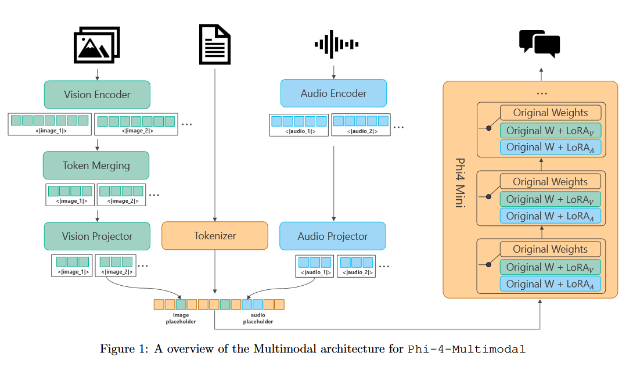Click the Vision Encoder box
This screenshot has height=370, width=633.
click(97, 95)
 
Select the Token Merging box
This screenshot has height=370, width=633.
click(96, 166)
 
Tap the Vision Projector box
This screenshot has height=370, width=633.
click(97, 236)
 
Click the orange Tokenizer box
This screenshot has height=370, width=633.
click(215, 236)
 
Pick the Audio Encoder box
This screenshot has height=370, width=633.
click(333, 94)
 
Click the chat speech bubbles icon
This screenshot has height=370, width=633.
click(540, 44)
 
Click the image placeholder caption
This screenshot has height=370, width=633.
click(181, 318)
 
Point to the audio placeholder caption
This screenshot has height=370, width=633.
click(258, 318)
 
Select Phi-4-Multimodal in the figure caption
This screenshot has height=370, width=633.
click(466, 349)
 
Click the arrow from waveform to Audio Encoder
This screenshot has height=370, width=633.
click(333, 71)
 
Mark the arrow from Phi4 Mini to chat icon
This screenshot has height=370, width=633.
click(541, 74)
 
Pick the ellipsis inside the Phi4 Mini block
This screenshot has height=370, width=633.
click(541, 93)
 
